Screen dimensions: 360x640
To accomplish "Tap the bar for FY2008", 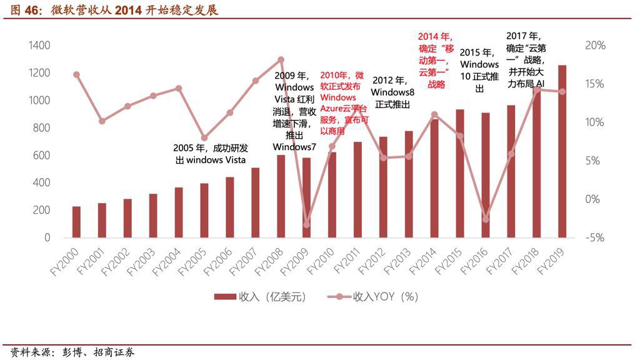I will pos(281,196).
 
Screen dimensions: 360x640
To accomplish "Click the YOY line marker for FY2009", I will pos(306,224).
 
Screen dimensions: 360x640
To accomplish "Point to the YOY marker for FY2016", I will pos(486,219).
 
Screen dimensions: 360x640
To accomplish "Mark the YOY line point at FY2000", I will pos(76,74).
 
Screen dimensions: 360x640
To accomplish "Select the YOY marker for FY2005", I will pos(204,137).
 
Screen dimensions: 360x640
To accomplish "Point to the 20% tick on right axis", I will pos(595,46).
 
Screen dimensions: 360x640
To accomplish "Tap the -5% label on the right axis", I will pos(595,237).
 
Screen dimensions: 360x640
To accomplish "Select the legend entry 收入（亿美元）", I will pos(259,297).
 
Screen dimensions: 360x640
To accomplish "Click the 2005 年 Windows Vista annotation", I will pos(210,154).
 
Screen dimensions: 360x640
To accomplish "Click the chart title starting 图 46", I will pos(112,9).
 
